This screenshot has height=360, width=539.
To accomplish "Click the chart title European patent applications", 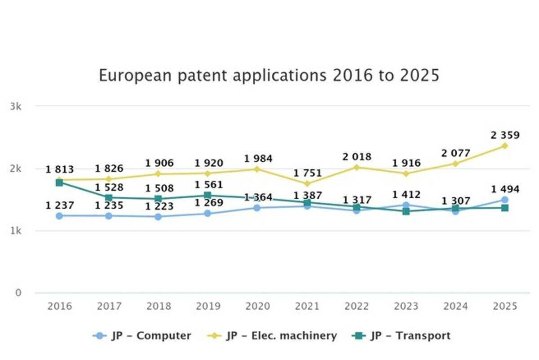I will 269,75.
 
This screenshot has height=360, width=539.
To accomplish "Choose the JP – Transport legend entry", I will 402,336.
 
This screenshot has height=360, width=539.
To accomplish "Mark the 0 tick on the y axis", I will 18,293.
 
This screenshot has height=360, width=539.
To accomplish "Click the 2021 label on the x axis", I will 307,307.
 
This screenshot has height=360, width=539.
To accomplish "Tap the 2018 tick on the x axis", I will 158,307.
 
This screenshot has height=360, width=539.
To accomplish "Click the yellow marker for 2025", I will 505,146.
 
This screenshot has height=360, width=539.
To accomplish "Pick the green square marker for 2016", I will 59,182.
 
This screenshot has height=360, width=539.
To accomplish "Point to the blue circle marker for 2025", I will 505,200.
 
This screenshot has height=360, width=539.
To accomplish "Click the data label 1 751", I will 308,173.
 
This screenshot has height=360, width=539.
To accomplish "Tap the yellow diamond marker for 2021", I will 307,183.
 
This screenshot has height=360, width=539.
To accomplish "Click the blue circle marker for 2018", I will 158,217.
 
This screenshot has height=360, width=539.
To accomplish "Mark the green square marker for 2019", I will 208,195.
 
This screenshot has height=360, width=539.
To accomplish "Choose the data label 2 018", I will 357,157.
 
